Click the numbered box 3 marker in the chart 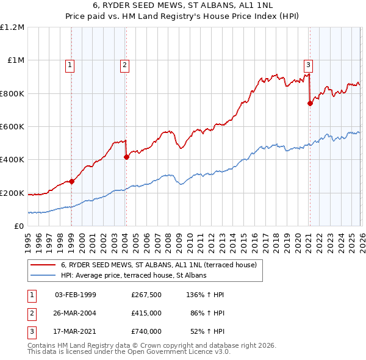point(308,64)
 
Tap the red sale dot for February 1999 point(71,181)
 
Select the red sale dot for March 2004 point(126,157)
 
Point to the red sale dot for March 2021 point(310,103)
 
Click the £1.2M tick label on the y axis point(12,27)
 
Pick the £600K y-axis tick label point(12,127)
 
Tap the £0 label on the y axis point(18,226)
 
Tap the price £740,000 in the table point(146,331)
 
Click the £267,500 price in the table point(146,295)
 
